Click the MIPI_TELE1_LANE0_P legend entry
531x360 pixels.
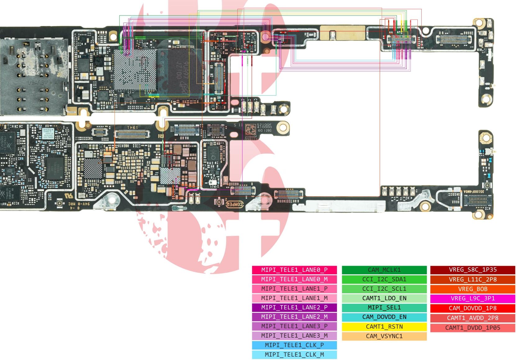coord(294,270)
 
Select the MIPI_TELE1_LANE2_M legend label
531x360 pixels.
coord(294,317)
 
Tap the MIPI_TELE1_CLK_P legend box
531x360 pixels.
coord(294,345)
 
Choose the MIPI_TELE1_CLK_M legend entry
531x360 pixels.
coord(294,354)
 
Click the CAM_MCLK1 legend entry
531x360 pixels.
coord(384,270)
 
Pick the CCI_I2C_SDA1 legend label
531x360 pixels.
coord(384,279)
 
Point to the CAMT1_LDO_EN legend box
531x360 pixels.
coord(384,298)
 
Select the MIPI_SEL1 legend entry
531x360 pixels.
coord(384,308)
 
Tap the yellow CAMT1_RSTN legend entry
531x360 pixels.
coord(384,326)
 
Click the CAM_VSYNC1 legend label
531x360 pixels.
coord(384,336)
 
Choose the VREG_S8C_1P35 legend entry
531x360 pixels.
coord(473,270)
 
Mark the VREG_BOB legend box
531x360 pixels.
coord(473,289)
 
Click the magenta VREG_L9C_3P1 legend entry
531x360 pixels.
coord(473,299)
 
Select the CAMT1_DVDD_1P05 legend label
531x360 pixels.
coord(473,328)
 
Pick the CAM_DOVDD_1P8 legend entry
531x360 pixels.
coord(473,308)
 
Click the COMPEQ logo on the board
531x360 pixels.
coord(234,204)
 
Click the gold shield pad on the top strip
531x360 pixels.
coord(342,33)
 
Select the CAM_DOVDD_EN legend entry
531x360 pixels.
coord(384,317)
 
